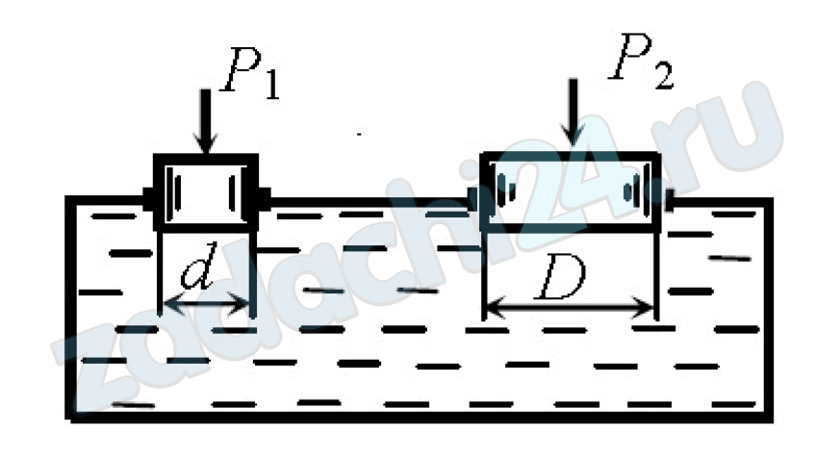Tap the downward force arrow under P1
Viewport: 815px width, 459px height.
point(204,120)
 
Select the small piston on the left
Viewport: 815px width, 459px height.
point(206,191)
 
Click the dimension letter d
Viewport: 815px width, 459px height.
point(197,274)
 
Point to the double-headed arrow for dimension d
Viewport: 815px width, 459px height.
point(206,306)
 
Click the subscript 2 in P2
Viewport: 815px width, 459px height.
point(663,77)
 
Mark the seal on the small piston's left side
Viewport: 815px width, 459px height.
point(150,199)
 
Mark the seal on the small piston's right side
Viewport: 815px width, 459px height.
point(264,199)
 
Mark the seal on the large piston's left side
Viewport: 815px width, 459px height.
point(474,200)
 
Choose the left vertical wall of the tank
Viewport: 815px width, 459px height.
point(70,308)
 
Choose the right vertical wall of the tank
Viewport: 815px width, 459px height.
point(769,308)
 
